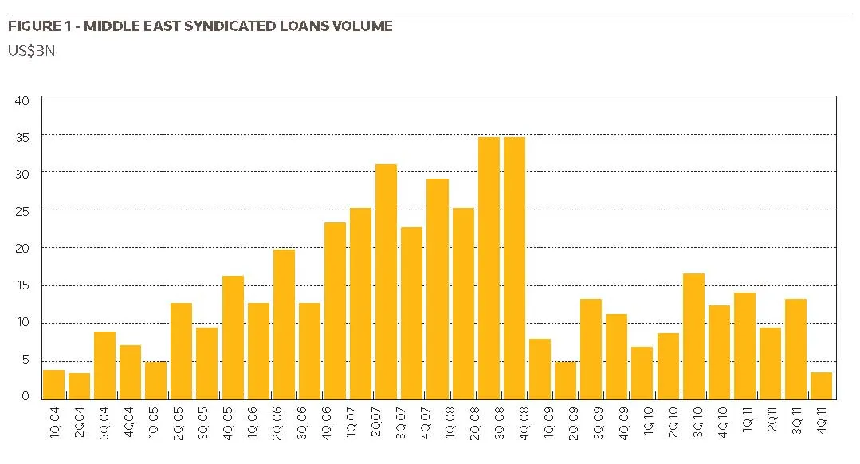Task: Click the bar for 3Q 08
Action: (489, 268)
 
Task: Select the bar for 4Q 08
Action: (514, 268)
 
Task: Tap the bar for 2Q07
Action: (386, 282)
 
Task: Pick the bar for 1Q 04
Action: (53, 384)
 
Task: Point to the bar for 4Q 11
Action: (822, 386)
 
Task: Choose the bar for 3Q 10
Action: (693, 336)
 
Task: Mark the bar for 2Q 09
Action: (565, 380)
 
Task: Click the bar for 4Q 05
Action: (233, 338)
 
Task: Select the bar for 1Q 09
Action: (540, 369)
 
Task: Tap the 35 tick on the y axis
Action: (22, 137)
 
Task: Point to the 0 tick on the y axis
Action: (26, 396)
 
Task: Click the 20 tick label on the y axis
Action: (22, 249)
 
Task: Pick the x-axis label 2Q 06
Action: (277, 423)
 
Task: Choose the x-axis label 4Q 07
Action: (425, 423)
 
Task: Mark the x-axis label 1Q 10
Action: (648, 421)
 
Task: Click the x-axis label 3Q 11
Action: (796, 420)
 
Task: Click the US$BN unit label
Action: (31, 51)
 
